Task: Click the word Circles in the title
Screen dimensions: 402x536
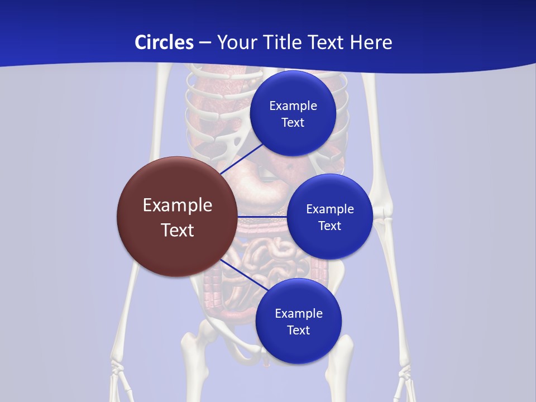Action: click(164, 42)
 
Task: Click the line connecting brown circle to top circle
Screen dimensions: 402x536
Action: click(243, 157)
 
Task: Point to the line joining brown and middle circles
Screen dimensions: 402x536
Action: click(262, 217)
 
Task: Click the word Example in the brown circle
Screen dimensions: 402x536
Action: click(178, 205)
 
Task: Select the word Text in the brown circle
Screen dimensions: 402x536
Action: click(178, 230)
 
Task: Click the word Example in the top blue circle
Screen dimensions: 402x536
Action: click(293, 106)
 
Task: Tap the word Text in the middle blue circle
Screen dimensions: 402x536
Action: click(329, 226)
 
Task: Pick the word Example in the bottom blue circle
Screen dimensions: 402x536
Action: click(299, 314)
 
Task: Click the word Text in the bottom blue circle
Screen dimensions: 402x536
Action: click(298, 331)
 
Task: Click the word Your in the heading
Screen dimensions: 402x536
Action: click(237, 42)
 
